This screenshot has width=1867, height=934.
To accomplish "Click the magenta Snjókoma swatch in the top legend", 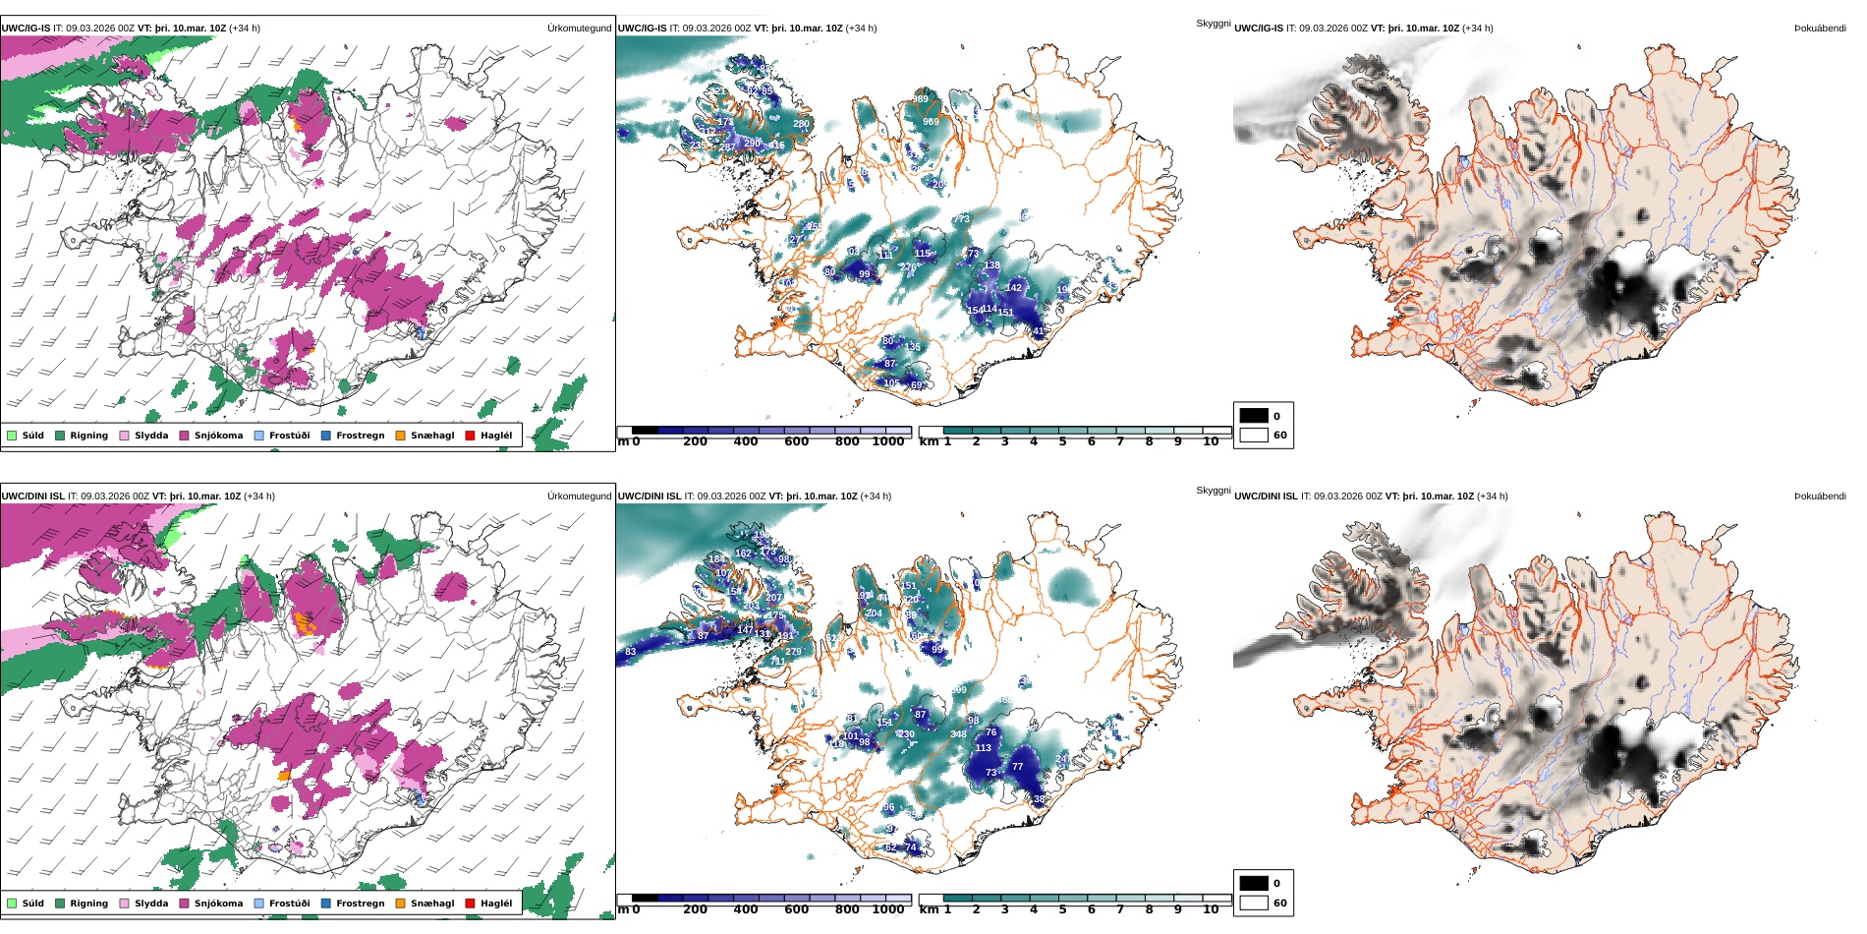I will (x=184, y=436).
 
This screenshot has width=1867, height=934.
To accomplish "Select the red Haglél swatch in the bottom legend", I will (x=470, y=904).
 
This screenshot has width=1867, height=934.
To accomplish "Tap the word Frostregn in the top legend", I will (x=360, y=436).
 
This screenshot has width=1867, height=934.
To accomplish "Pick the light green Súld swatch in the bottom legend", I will (x=12, y=904).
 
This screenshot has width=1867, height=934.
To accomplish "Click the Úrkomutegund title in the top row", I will (x=579, y=29).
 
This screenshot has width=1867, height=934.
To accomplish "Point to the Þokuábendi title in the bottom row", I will (x=1820, y=496).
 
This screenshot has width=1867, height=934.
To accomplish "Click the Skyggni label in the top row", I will (x=1213, y=24).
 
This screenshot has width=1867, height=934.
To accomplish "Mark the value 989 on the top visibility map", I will (x=920, y=99).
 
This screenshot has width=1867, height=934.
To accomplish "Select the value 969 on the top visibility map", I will (x=931, y=122).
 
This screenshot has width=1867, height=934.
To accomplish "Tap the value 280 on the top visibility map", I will (x=801, y=125).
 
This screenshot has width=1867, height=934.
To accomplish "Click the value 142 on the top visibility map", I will (x=1014, y=288).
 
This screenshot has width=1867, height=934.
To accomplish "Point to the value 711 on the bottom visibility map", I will (x=777, y=662).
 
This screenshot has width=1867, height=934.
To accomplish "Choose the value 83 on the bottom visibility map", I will (x=630, y=652).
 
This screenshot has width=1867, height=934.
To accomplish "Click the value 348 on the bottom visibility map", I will (x=958, y=734).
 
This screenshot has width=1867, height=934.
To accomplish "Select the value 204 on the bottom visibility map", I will (x=874, y=613).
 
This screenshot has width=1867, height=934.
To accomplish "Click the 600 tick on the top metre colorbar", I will (x=796, y=442).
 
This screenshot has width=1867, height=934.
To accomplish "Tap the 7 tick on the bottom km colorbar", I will (x=1119, y=910).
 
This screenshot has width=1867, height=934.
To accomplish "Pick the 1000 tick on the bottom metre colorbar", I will (x=887, y=910).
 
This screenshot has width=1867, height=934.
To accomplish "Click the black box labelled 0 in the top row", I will (x=1254, y=416).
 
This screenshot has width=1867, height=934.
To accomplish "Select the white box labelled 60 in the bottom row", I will (x=1254, y=903).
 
